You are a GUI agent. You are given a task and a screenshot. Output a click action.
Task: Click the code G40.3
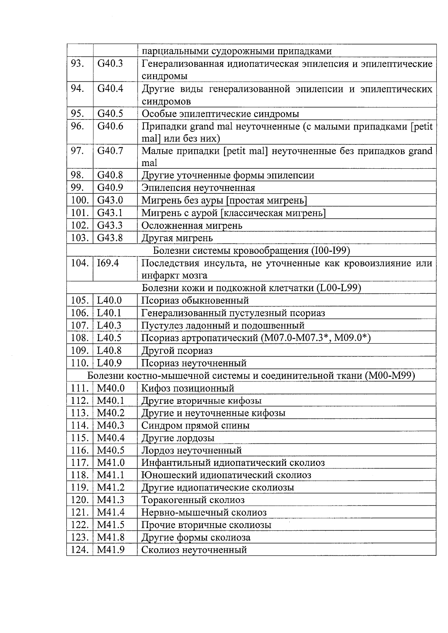[110, 63]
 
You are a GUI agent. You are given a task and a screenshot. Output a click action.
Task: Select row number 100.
[80, 200]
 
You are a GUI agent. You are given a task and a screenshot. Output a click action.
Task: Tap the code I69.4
[108, 263]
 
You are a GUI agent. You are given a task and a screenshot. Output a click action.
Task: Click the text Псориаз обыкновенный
[195, 300]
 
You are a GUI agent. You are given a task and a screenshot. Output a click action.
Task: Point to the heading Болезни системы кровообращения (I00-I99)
[251, 250]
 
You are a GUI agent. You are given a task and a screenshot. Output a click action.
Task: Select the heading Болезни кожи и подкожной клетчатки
[251, 288]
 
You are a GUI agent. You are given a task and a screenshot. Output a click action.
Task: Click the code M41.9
[111, 550]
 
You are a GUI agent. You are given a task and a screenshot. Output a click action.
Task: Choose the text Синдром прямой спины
[195, 425]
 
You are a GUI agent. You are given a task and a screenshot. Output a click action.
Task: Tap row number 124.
[80, 550]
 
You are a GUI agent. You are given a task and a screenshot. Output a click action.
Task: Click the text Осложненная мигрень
[192, 225]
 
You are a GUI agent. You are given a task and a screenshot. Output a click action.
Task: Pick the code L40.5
[109, 338]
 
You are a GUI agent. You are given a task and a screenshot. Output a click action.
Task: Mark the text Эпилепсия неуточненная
[198, 188]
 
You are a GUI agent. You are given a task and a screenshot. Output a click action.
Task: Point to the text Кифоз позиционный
[187, 388]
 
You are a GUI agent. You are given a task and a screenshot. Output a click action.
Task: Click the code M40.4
[111, 438]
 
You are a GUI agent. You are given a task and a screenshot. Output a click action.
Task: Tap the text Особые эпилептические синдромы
[220, 114]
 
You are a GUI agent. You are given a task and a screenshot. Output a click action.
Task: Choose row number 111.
[80, 388]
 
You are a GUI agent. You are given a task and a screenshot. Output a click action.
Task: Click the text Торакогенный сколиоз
[193, 500]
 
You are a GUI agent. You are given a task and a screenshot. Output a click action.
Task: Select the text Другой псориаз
[177, 350]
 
